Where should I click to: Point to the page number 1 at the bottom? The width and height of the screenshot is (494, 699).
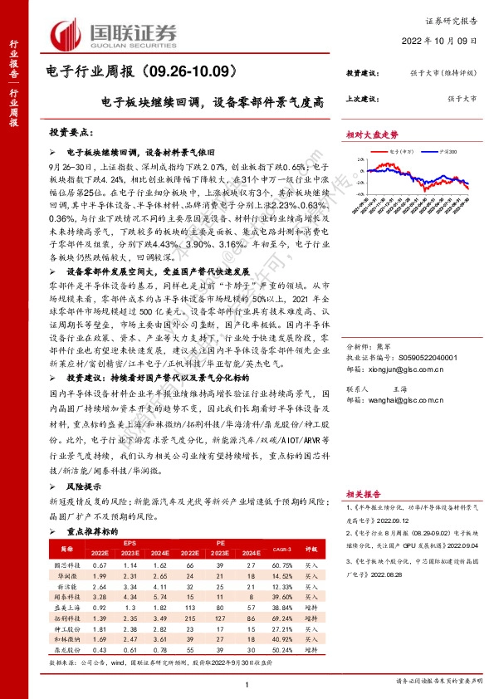pyautogui.click(x=247, y=683)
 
